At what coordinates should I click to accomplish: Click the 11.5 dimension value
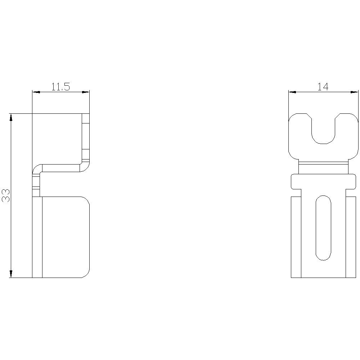pos(60,86)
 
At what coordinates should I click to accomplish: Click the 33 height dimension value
pos(6,195)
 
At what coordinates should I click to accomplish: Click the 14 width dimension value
pos(323,86)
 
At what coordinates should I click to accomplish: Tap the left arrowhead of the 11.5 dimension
pos(36,92)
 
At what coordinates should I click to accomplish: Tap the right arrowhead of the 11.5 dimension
pos(86,92)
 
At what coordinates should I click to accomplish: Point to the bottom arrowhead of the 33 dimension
pos(10,274)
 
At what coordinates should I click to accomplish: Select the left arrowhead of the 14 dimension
pos(292,92)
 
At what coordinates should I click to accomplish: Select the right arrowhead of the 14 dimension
pos(354,92)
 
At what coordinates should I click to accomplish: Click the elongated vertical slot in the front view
pos(324,228)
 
